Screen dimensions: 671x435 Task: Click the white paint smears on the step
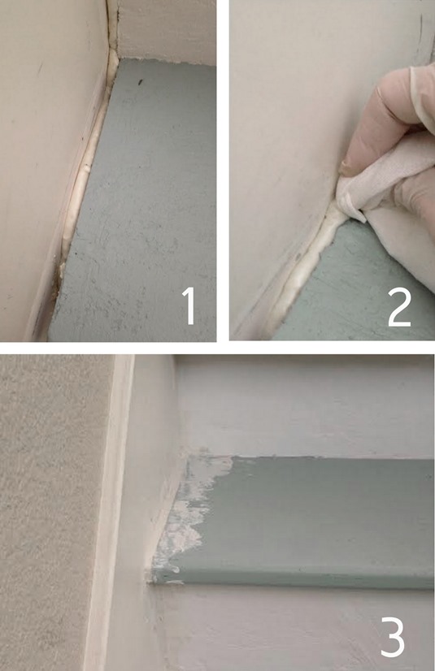coord(185,520)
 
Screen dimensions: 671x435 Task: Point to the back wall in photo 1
coord(167,28)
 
